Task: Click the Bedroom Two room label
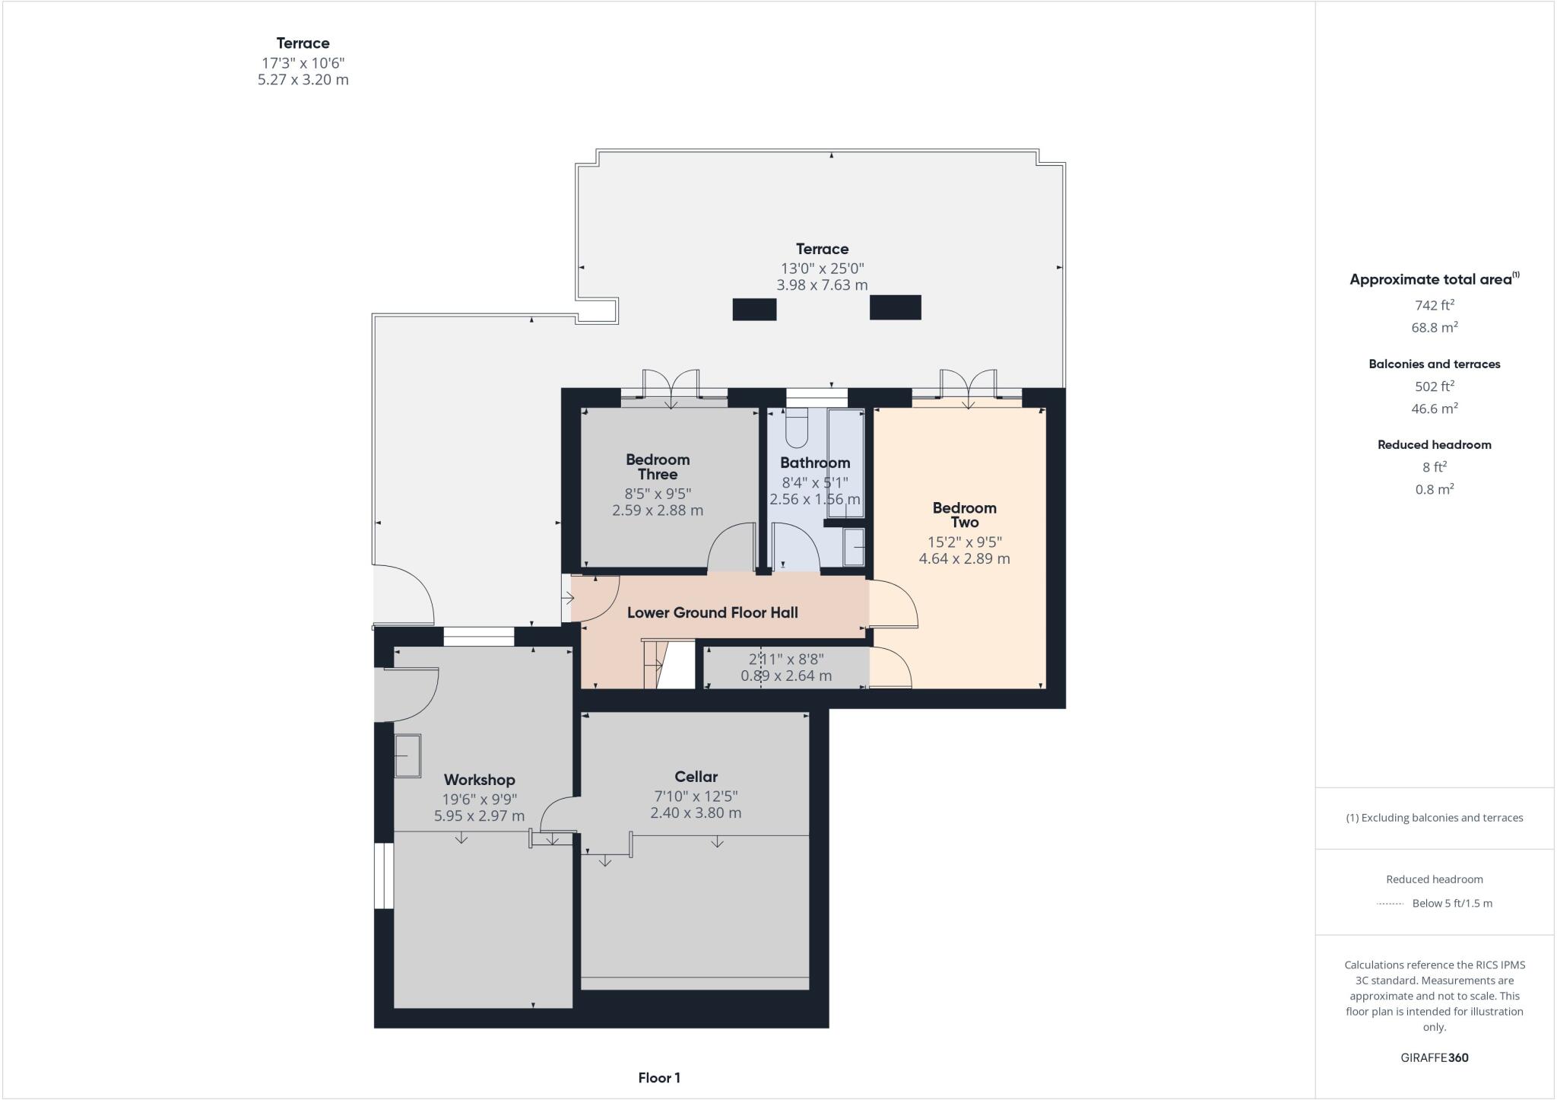(964, 515)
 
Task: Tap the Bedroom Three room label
(658, 466)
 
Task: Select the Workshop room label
(479, 780)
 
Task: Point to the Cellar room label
(696, 777)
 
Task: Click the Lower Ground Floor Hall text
(712, 612)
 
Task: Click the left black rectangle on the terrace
(754, 309)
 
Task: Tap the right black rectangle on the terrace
(895, 307)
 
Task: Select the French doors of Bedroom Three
(671, 384)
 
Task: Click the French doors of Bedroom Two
(968, 384)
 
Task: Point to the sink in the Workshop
(407, 755)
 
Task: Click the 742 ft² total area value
(1434, 305)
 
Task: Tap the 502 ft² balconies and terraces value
(1434, 386)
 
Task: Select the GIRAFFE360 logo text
(1434, 1057)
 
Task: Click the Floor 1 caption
(659, 1078)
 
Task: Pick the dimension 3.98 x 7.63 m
(822, 285)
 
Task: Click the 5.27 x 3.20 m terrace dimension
(303, 80)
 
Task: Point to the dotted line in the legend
(1389, 904)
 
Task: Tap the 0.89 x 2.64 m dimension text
(786, 676)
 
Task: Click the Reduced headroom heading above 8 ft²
(1434, 445)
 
